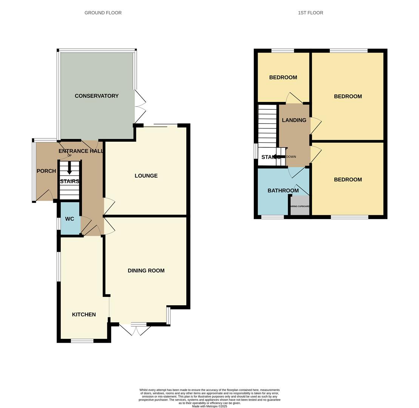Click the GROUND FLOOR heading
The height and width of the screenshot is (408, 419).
[103, 13]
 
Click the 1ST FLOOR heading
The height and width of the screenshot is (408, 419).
[310, 13]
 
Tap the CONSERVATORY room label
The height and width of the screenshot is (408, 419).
[97, 96]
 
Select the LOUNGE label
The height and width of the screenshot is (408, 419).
[146, 176]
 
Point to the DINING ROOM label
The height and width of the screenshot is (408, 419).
[146, 270]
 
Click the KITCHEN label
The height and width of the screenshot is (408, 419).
[84, 314]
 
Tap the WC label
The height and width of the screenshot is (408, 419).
[70, 219]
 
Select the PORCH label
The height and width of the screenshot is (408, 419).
[46, 171]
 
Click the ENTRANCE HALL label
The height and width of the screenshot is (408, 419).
[81, 151]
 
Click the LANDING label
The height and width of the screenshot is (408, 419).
[294, 120]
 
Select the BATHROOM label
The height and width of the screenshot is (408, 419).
[283, 190]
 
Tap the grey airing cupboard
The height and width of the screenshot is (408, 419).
[300, 206]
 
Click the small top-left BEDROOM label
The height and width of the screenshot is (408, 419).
[283, 77]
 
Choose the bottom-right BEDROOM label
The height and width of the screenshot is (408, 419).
[348, 179]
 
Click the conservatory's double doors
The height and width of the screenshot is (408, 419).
[140, 107]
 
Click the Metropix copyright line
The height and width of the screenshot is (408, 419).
[209, 406]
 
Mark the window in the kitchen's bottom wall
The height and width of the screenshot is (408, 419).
[82, 341]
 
